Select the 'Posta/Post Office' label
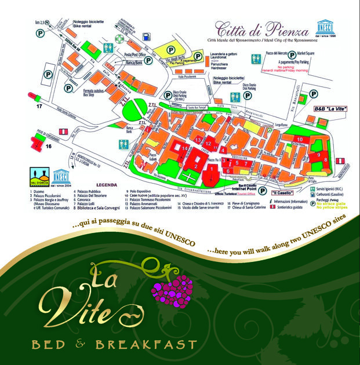(136, 53)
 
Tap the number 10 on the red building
(300, 139)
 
